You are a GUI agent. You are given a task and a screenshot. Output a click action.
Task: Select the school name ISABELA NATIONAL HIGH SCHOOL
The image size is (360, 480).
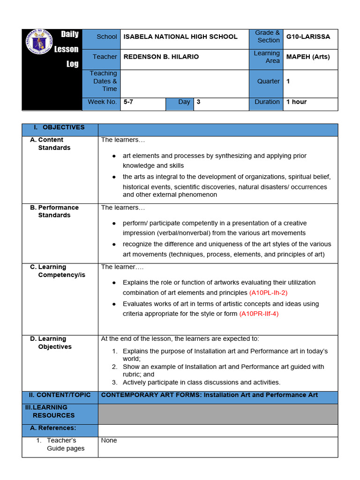point(180,37)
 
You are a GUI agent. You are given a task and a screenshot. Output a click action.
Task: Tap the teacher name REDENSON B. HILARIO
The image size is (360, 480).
point(161,57)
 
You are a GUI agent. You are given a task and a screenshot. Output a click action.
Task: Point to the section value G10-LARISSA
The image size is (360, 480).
point(308,37)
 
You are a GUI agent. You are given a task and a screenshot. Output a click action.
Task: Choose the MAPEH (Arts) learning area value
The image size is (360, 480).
point(308,57)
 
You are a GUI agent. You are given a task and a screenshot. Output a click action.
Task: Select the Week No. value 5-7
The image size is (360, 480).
point(128,102)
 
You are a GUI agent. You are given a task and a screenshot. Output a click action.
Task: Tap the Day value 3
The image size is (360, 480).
point(199,102)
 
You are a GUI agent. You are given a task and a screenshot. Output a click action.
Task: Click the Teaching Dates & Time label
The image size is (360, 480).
point(103,81)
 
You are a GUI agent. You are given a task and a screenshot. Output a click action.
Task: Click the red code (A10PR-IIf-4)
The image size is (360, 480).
point(259,314)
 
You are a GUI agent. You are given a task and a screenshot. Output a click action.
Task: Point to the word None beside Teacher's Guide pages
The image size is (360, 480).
point(109,441)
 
